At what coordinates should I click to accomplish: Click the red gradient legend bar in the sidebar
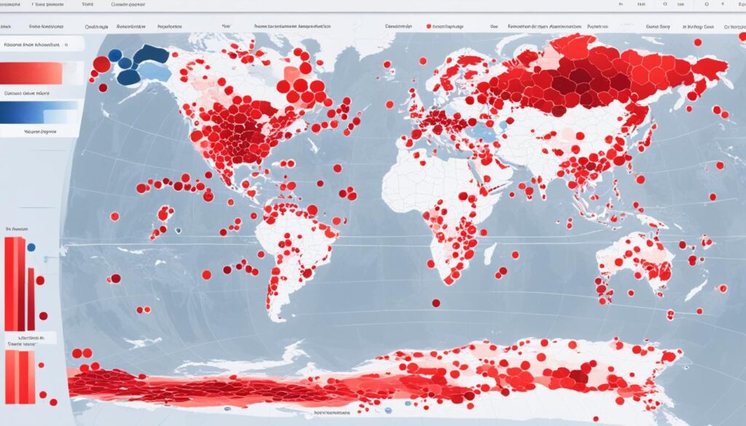tap(32, 73)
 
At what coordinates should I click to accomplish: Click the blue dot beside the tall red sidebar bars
tap(31, 247)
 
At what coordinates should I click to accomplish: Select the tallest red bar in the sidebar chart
tap(10, 283)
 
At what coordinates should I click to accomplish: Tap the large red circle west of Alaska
tap(101, 64)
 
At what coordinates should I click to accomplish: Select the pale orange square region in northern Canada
tap(291, 74)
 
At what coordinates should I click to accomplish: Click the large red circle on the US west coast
tap(196, 135)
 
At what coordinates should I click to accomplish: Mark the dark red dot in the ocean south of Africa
tap(436, 303)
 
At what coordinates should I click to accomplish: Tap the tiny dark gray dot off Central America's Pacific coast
tap(177, 230)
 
